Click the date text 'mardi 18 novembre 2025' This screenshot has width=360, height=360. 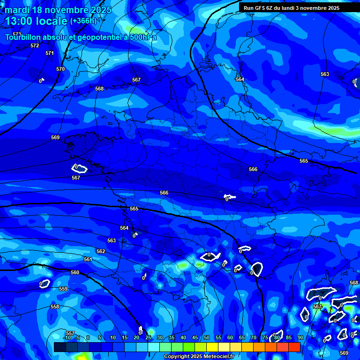(58, 10)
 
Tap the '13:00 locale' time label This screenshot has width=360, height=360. (36, 21)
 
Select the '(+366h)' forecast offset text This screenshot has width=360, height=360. (83, 21)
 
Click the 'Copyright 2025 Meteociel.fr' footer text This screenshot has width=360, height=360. (199, 357)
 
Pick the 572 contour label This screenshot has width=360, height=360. (35, 45)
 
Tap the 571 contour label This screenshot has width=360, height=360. (50, 53)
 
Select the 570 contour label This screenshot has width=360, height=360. (60, 69)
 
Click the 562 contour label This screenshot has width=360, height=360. (101, 251)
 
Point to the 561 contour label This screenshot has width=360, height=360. (88, 259)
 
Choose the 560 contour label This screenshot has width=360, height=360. (75, 272)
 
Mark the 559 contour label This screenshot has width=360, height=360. (63, 289)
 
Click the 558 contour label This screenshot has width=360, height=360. (55, 307)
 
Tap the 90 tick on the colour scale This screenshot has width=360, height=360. (300, 337)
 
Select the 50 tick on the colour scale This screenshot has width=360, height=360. (207, 337)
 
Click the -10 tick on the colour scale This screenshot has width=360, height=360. (67, 337)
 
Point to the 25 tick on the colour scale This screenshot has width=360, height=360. (148, 337)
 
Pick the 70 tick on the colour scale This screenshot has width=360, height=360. (254, 337)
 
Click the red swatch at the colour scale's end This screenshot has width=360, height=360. (294, 347)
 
